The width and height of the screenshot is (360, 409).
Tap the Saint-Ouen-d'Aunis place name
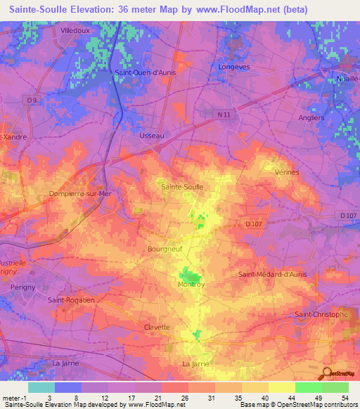[x=146, y=72]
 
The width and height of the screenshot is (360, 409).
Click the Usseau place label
[x=152, y=136]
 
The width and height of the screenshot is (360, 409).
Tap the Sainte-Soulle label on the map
[x=183, y=187]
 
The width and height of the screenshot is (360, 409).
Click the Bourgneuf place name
[x=166, y=249]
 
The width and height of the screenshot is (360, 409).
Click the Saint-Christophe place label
[x=321, y=314]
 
